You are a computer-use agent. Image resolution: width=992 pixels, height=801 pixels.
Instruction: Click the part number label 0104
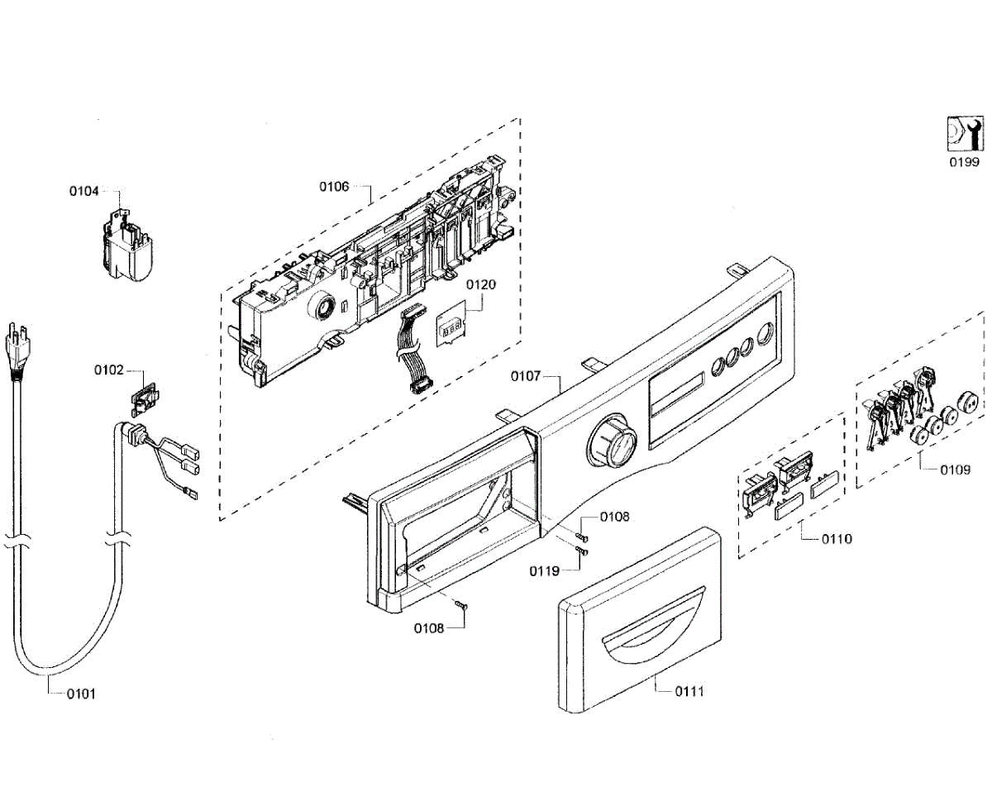tap(83, 191)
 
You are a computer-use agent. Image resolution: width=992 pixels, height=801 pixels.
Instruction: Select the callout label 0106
tap(334, 186)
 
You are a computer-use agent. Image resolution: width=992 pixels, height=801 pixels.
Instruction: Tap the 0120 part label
tap(480, 284)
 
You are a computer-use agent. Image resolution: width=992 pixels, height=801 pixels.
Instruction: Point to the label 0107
tap(526, 376)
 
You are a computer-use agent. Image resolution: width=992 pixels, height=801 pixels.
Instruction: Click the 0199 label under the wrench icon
tap(964, 162)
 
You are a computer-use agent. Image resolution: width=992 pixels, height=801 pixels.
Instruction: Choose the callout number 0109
tap(955, 470)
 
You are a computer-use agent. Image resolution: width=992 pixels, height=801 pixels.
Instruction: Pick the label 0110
tap(837, 539)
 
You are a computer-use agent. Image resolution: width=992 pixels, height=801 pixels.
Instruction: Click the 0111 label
tap(689, 690)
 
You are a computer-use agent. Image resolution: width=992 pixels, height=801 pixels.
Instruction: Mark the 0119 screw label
tap(545, 570)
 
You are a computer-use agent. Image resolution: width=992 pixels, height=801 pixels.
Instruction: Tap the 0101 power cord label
tap(81, 694)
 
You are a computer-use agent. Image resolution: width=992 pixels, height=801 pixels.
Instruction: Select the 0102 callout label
tap(108, 370)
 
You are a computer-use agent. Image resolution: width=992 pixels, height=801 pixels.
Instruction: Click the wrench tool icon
tap(964, 132)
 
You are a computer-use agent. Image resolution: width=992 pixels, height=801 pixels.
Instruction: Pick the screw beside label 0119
tap(581, 551)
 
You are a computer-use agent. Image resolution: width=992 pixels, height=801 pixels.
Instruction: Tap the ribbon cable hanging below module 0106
tap(411, 347)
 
